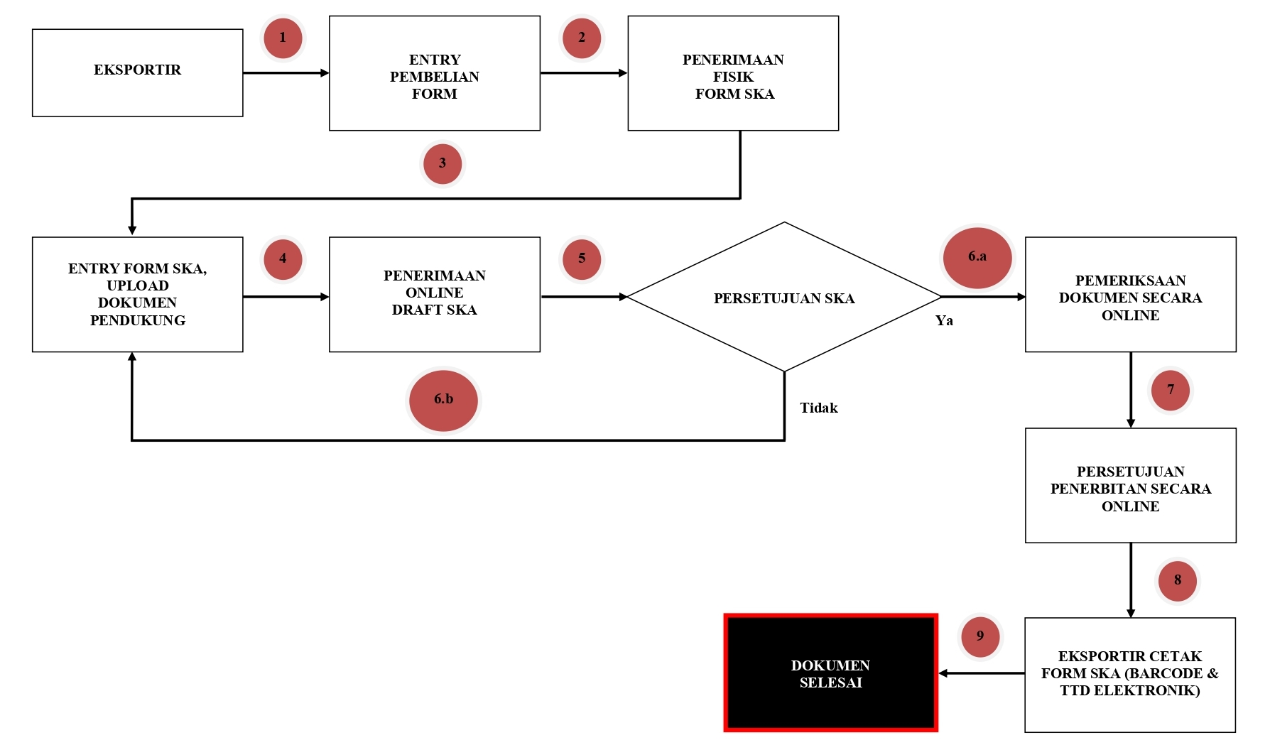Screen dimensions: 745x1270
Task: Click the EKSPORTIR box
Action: point(137,72)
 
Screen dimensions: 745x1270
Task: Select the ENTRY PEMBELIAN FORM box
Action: point(434,73)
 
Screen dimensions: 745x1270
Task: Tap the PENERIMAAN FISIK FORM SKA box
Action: point(733,73)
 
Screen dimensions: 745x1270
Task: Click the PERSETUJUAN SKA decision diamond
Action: point(783,297)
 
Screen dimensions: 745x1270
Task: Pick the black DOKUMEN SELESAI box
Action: point(830,673)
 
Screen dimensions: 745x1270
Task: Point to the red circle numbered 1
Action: point(283,38)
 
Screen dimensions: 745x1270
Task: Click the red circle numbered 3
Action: point(442,163)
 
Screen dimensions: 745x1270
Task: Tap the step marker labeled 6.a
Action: point(977,258)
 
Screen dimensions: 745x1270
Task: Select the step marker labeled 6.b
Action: point(443,400)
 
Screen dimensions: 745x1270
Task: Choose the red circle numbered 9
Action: point(979,636)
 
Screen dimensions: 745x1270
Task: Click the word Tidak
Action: point(818,408)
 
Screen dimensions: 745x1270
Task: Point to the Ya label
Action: point(944,321)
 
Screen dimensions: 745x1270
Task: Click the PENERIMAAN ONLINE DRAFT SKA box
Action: point(434,294)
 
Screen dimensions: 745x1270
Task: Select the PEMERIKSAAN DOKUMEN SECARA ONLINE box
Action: point(1130,294)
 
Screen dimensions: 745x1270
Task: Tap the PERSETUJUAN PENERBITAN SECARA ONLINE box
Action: point(1130,485)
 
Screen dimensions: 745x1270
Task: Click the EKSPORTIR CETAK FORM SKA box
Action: point(1129,674)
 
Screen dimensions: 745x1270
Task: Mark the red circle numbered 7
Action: point(1170,390)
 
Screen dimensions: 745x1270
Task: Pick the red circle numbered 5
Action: point(581,259)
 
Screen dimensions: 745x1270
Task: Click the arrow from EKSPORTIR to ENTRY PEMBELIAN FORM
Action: point(286,72)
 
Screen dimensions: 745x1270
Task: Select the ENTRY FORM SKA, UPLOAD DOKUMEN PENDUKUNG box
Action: point(137,294)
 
